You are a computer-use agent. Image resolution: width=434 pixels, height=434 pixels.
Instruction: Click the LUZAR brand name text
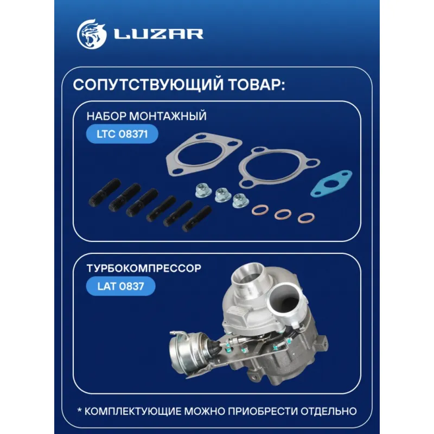158,34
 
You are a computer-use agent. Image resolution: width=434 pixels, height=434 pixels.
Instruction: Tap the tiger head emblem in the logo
92,34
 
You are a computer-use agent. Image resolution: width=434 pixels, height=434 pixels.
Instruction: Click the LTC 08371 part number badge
122,134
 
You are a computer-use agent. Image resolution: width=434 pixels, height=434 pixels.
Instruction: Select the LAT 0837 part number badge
120,286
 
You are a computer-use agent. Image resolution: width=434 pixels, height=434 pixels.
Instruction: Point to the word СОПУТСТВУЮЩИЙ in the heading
148,85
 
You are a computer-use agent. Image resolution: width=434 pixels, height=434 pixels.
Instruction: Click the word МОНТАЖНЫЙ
168,116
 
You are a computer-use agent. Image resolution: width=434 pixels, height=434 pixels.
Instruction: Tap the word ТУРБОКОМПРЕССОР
144,268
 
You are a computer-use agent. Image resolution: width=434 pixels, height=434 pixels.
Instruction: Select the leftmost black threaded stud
105,193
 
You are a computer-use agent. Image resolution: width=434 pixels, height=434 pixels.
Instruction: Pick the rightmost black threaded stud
197,219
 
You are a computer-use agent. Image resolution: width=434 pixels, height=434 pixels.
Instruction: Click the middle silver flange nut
223,195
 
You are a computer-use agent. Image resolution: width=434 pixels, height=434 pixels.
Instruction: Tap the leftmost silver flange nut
203,190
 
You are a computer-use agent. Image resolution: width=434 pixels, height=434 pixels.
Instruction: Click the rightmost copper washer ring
306,218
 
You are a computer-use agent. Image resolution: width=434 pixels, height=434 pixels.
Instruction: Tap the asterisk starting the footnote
79,410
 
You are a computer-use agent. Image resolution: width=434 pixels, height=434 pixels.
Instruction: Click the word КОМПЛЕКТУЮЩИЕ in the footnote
133,411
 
